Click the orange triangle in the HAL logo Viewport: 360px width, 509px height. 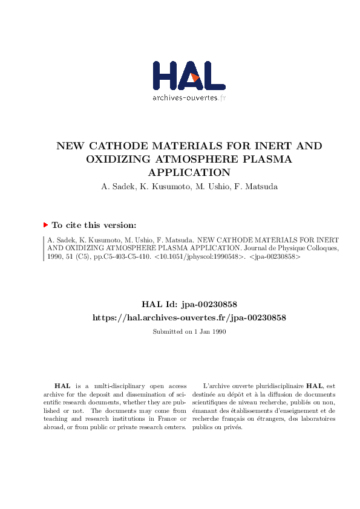click(x=195, y=77)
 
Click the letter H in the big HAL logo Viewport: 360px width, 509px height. click(x=165, y=76)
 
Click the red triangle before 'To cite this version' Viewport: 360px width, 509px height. click(x=45, y=225)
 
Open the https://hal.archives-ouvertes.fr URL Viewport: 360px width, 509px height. click(x=188, y=317)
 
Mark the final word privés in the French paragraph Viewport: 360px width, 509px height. click(x=232, y=427)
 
